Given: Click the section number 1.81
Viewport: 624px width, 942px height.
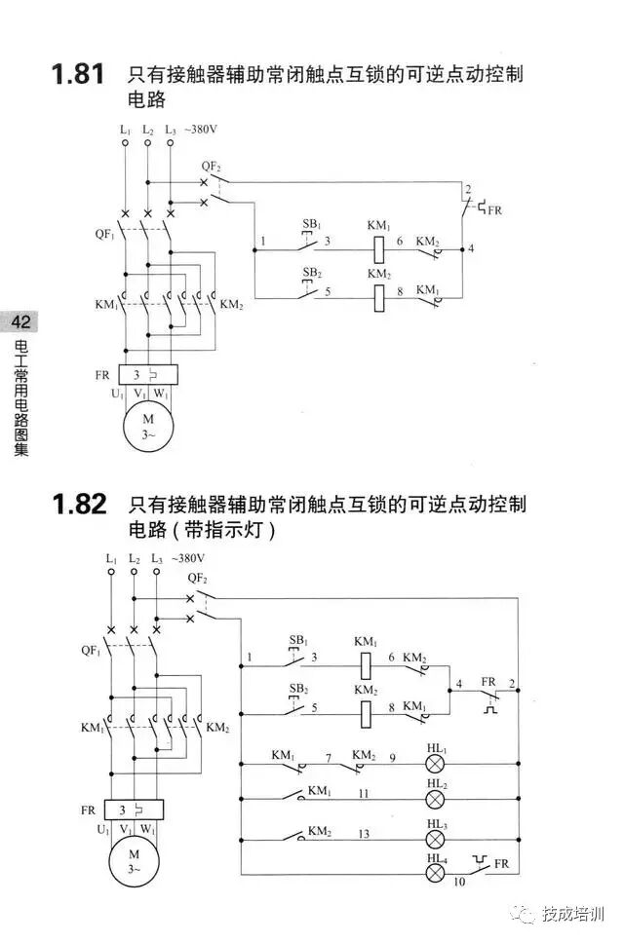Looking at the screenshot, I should [77, 75].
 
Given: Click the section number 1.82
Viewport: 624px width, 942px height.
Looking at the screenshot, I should [77, 506].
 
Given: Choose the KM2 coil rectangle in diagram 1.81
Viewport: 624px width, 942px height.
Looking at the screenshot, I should [379, 297].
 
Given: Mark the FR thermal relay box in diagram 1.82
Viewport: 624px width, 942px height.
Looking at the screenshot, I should [135, 810].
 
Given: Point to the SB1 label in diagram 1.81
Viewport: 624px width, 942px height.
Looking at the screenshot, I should [311, 224].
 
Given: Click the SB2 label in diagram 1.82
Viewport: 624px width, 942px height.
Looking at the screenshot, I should [297, 688].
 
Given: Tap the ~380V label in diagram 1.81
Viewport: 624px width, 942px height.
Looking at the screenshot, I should [202, 129].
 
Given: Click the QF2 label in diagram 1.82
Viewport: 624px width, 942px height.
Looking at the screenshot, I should [197, 577].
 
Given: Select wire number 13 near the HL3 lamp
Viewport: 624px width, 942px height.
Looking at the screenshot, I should [364, 833].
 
